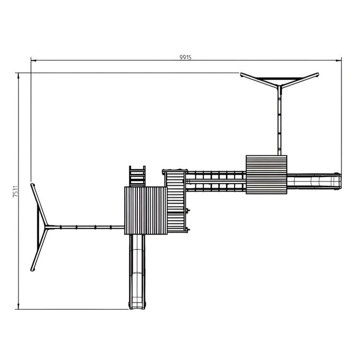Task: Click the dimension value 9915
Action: point(186,57)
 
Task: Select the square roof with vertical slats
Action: point(145,210)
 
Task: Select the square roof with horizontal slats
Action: point(266,174)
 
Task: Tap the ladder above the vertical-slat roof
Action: point(137,176)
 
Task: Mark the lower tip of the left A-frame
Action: point(32,269)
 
